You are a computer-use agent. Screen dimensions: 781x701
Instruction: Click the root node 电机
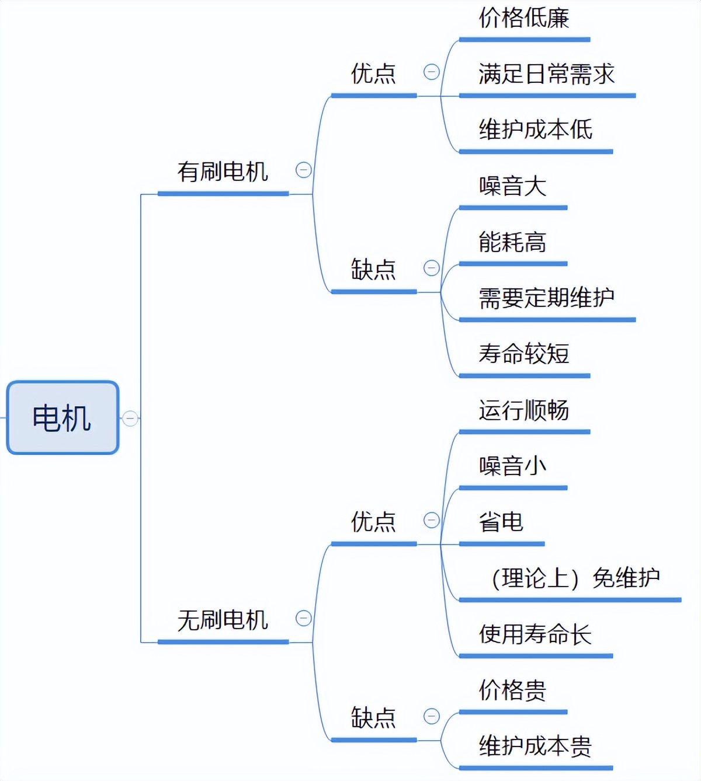tap(63, 417)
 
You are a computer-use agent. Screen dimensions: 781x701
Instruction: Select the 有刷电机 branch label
tap(223, 172)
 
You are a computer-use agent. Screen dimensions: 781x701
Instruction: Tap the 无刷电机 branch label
tap(223, 620)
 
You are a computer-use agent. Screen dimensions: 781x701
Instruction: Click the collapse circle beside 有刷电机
tap(303, 170)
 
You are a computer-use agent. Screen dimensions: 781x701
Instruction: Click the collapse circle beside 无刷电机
tap(303, 618)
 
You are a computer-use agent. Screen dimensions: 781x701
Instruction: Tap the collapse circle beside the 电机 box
tap(130, 418)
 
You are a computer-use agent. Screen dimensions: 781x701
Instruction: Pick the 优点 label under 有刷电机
tap(373, 74)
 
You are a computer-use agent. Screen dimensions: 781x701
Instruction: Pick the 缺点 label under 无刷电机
tap(373, 717)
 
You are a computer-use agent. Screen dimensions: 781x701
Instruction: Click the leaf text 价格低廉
tap(523, 18)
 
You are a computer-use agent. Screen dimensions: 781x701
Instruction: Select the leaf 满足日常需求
tap(546, 74)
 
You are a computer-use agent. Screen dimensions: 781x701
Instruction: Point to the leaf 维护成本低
tap(535, 130)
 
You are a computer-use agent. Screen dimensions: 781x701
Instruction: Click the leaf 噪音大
tap(512, 186)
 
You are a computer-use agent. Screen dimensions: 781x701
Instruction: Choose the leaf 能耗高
tap(512, 242)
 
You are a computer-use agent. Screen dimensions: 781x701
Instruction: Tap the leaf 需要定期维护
tap(546, 298)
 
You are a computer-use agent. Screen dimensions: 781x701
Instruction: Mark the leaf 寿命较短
tap(523, 354)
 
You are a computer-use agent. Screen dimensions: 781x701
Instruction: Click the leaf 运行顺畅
tap(523, 410)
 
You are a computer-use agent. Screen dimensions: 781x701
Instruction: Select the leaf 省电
tap(501, 522)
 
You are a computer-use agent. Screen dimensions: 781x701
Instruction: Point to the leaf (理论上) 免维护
tap(575, 578)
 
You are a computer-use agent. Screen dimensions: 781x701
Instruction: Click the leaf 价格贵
tap(512, 690)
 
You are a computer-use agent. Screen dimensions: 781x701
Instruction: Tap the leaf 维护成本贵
tap(535, 746)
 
